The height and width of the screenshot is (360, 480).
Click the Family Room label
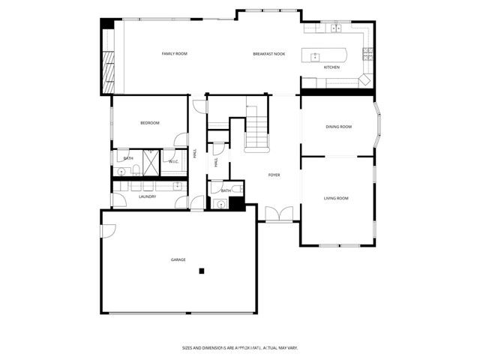click(174, 54)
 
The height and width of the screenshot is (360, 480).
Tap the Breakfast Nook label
click(269, 54)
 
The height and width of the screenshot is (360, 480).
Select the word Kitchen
click(331, 67)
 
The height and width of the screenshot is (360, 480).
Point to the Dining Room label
click(338, 127)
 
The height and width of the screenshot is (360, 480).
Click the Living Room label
click(336, 198)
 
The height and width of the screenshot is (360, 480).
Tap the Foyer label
click(274, 175)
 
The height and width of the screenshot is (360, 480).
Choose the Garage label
click(178, 259)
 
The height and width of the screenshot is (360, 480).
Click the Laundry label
click(147, 196)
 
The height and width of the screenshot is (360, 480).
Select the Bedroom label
click(150, 123)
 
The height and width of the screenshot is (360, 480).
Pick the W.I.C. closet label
click(172, 161)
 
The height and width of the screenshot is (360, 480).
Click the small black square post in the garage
click(201, 270)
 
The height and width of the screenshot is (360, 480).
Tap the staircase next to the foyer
click(256, 132)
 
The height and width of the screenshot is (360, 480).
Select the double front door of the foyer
click(276, 214)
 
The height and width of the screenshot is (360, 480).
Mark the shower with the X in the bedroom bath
click(150, 162)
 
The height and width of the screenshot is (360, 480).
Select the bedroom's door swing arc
click(181, 139)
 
